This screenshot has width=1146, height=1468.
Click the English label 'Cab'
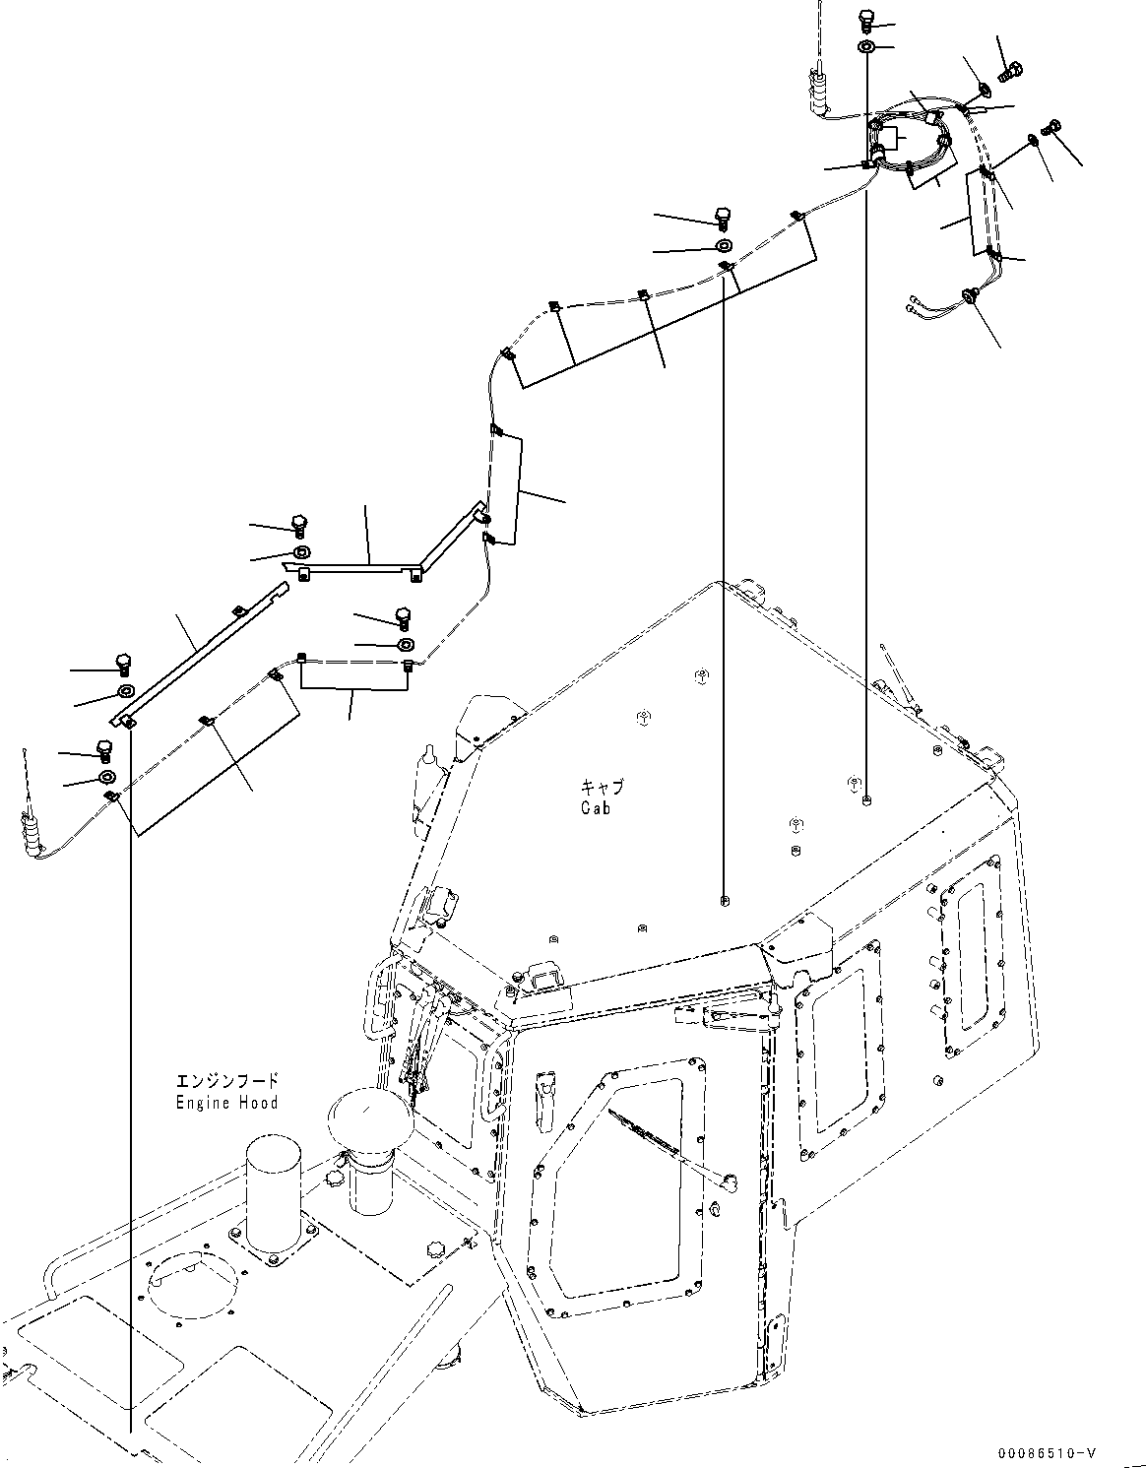pyautogui.click(x=595, y=807)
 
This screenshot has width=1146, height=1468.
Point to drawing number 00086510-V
pyautogui.click(x=1047, y=1453)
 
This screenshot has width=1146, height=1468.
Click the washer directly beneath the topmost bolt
pyautogui.click(x=865, y=47)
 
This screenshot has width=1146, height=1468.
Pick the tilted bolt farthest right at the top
pyautogui.click(x=1052, y=127)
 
